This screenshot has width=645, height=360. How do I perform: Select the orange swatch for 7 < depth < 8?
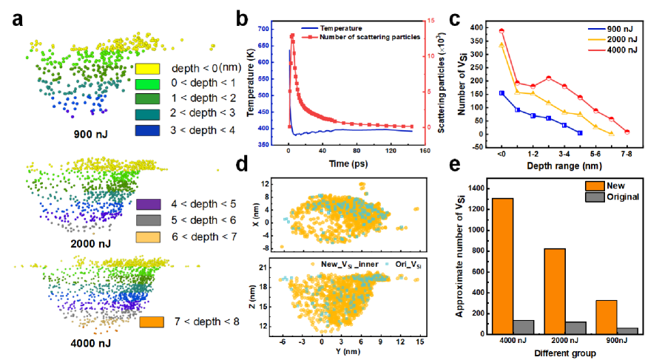pyautogui.click(x=152, y=322)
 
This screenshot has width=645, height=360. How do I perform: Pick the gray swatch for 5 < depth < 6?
pyautogui.click(x=152, y=220)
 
